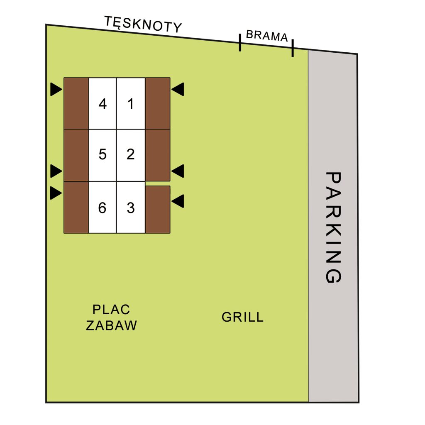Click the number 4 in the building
(x=103, y=104)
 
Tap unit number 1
(x=131, y=104)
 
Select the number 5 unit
(x=103, y=154)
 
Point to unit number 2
(x=131, y=154)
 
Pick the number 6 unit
(x=102, y=208)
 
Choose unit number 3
(x=131, y=208)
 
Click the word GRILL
(x=242, y=317)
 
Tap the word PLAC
(x=111, y=310)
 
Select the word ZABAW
(x=111, y=325)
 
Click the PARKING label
(x=333, y=227)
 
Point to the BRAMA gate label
(x=267, y=36)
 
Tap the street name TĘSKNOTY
(x=143, y=24)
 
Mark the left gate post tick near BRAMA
(x=240, y=43)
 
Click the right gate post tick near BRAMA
(x=293, y=48)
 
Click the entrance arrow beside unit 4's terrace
(x=56, y=89)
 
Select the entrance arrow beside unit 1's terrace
(x=178, y=89)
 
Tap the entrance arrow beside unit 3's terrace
(x=178, y=201)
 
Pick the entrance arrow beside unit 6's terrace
(x=56, y=193)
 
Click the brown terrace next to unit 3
(x=158, y=210)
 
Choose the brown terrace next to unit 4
(x=76, y=103)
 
